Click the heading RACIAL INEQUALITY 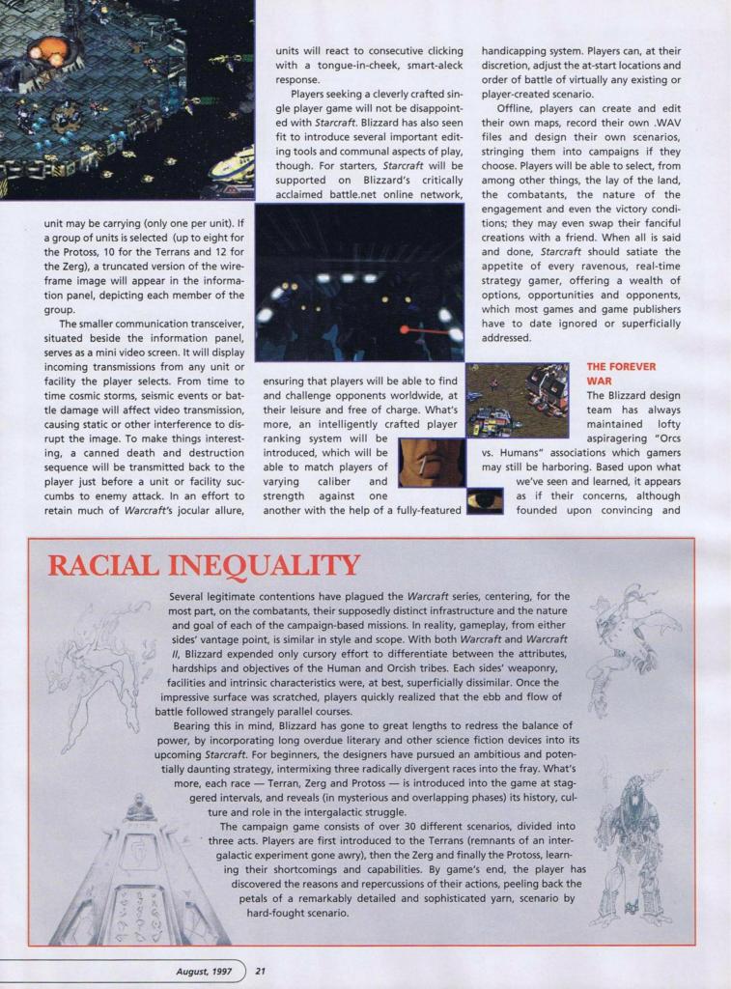click(204, 566)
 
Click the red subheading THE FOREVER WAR click(621, 374)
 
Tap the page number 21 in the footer click(261, 971)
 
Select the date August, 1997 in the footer click(206, 971)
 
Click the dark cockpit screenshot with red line click(359, 282)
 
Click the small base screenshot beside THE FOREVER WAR click(517, 400)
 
